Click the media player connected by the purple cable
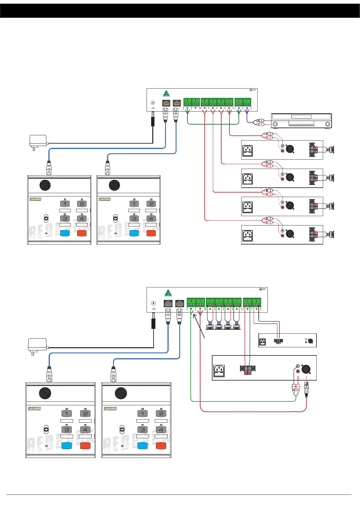tap(301, 121)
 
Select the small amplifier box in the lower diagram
tap(287, 340)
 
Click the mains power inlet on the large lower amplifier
tap(219, 370)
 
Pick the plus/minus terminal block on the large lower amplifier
tap(248, 369)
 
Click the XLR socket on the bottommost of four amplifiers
tap(290, 234)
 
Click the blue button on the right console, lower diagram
tap(142, 446)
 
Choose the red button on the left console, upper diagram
tap(82, 233)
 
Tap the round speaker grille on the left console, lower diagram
tap(45, 393)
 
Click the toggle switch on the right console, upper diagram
tap(115, 218)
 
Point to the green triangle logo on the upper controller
tap(166, 93)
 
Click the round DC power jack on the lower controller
tap(154, 303)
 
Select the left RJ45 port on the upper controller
tap(166, 103)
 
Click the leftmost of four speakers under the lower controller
tap(210, 326)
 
